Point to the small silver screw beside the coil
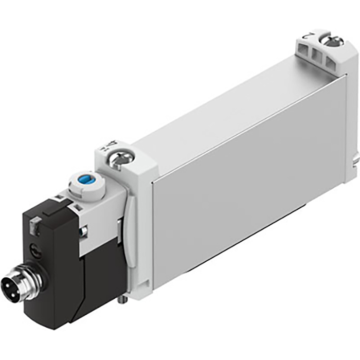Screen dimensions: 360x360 tap(82, 230)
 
